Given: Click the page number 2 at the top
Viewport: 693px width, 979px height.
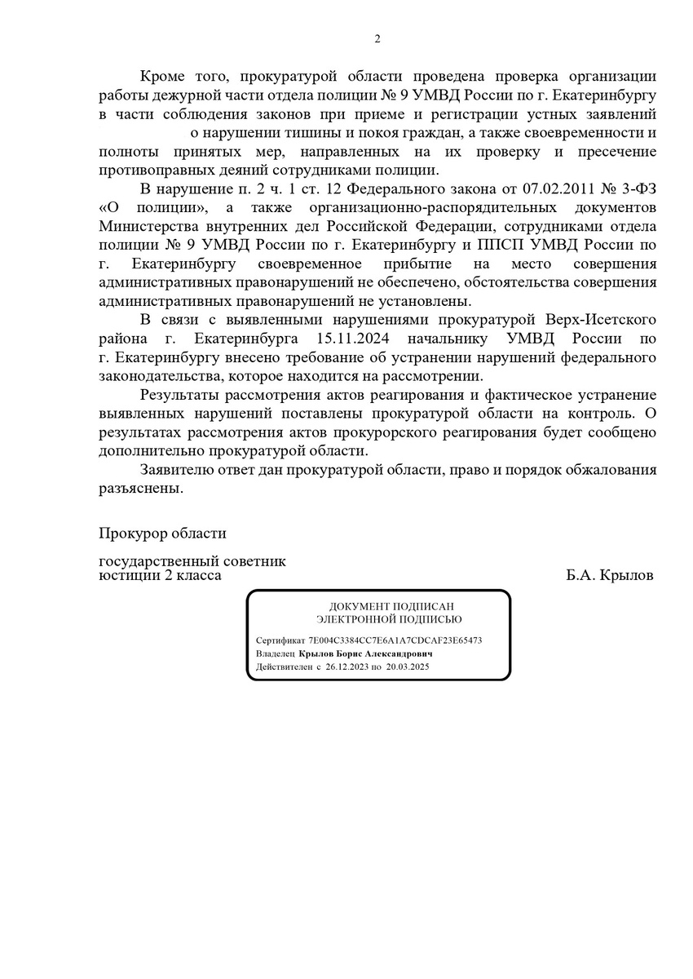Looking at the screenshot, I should coord(377,38).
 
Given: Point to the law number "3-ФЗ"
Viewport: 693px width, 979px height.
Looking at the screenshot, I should coord(638,188).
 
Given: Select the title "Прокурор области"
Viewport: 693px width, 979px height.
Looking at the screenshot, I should coord(162,534).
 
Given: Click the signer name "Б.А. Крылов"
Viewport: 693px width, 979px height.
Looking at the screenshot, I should coord(609,576).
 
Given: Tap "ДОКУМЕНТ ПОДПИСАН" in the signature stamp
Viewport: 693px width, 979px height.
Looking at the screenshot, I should coord(380,607).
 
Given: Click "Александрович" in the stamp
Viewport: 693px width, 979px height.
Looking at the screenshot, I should coord(399,653).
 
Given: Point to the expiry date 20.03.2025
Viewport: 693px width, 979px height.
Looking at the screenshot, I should coord(408,667).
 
